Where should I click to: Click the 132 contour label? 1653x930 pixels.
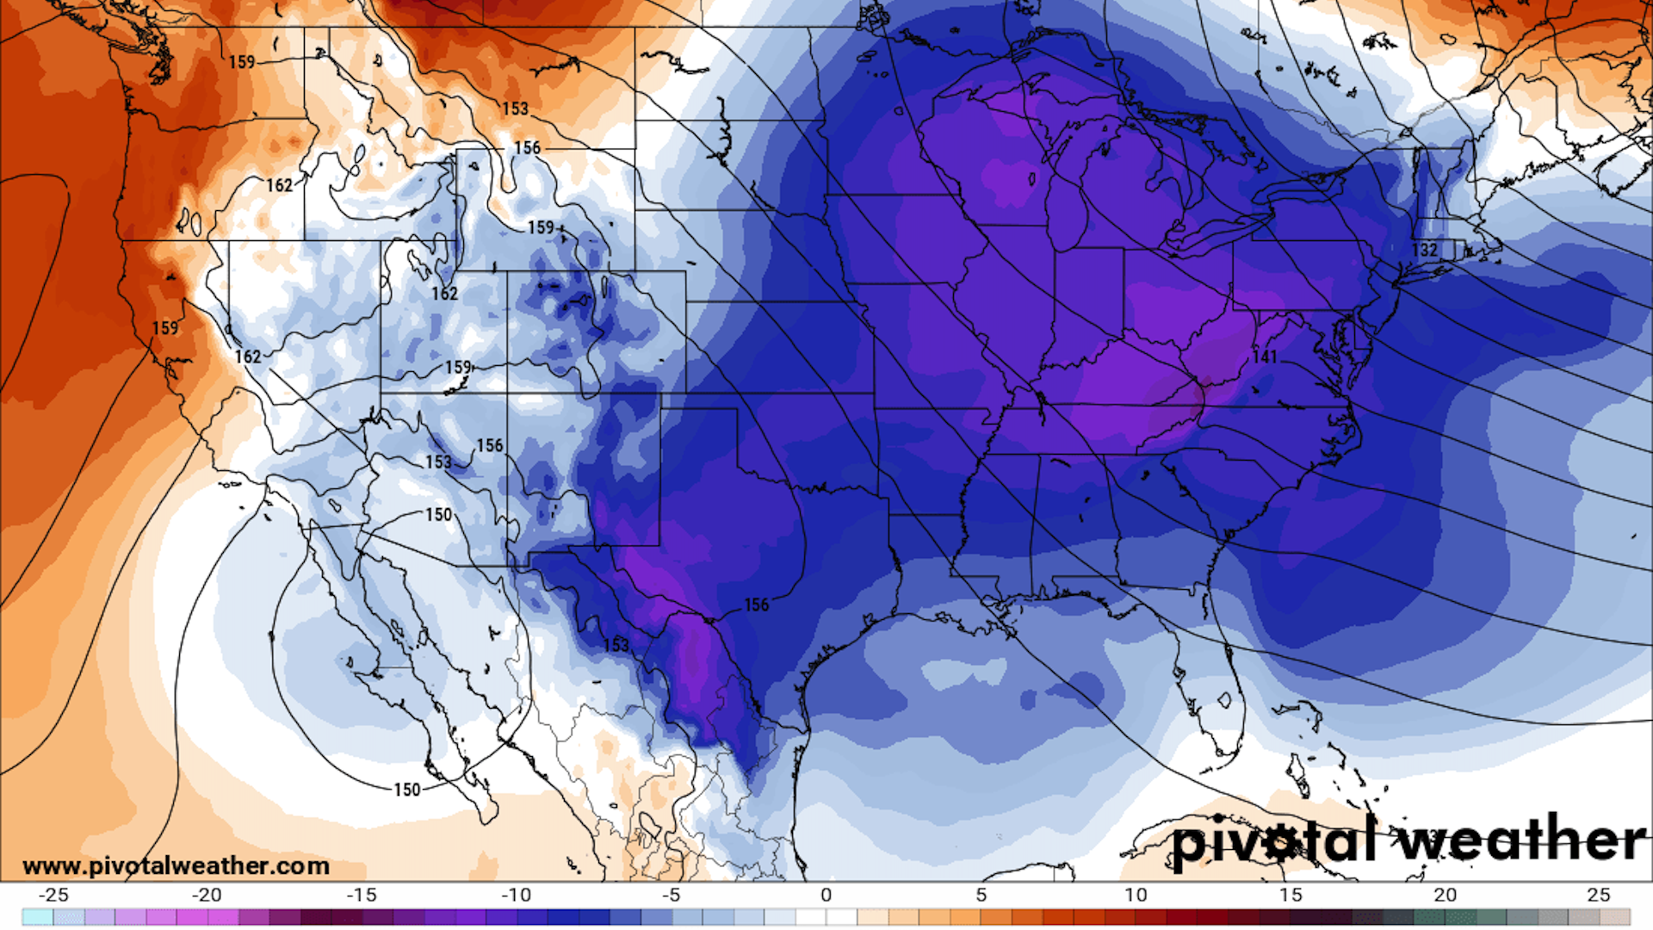1425,250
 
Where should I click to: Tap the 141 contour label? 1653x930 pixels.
1265,356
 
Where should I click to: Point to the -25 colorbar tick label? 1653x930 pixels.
53,895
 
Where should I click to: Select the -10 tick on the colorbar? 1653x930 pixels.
516,895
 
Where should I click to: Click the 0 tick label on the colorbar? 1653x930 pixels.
826,895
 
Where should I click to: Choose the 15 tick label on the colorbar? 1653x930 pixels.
1290,895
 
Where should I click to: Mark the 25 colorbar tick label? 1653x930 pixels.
1599,895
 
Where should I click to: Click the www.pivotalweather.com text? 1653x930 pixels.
176,865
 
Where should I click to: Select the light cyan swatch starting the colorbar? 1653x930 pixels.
38,917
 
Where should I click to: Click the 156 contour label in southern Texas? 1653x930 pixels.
756,604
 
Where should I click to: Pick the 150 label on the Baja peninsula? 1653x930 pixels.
407,790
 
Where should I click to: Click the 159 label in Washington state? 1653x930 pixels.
242,62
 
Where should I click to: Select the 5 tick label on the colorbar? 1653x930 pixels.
981,895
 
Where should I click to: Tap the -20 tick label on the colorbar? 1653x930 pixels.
207,895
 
